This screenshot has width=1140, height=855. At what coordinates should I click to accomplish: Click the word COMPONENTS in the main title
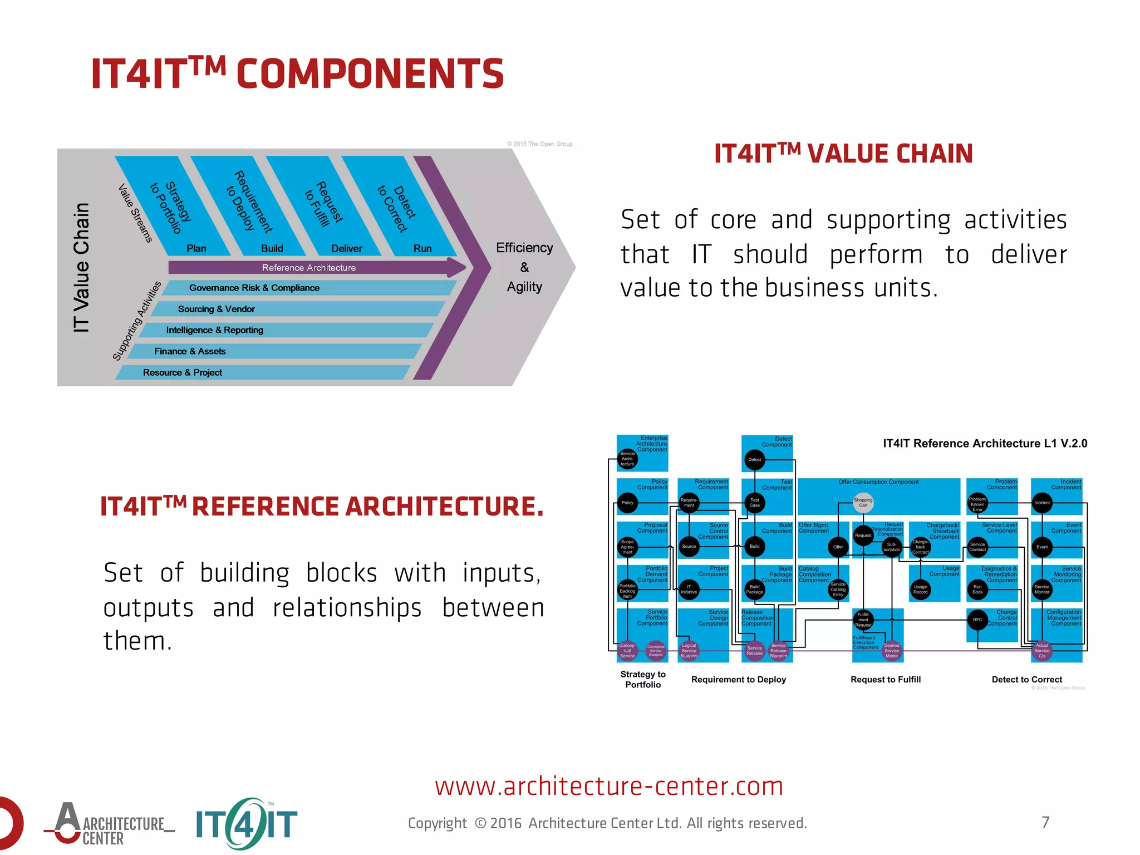370,74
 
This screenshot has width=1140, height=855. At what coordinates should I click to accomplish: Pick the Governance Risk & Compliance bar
254,288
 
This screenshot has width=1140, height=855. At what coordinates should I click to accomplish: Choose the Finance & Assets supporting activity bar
190,351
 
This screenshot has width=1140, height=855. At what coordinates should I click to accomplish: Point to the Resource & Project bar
183,372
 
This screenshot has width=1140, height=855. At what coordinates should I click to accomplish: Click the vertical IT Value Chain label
81,268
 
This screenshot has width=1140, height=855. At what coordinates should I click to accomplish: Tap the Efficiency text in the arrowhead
524,248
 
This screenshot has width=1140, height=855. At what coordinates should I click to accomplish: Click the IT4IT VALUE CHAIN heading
843,154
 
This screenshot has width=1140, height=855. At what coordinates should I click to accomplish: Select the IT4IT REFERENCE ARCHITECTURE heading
321,506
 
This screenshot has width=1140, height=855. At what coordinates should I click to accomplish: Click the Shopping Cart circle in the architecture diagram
863,502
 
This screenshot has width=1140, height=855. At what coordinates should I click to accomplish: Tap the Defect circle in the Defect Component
754,460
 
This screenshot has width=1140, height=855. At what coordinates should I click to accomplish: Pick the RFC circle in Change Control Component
977,620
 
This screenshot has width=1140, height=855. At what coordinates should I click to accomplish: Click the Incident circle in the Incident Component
1041,503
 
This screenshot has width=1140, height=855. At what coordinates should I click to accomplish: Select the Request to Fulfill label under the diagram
885,679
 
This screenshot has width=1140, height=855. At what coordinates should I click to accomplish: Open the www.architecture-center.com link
609,786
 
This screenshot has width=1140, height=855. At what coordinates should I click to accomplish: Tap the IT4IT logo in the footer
247,824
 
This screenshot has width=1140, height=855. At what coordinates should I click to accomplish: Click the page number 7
1045,822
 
